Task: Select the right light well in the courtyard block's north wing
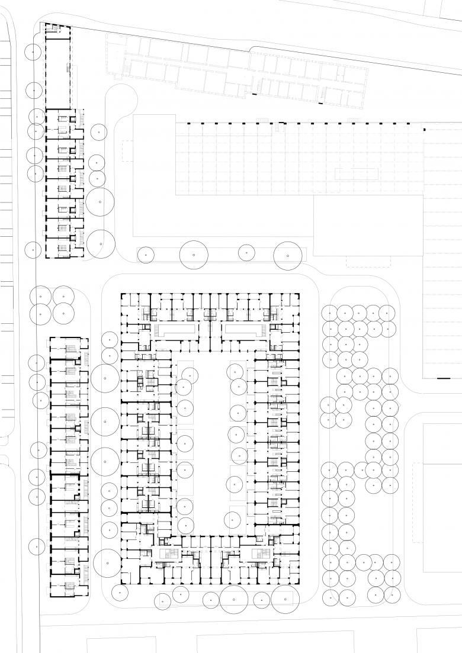[x=243, y=329]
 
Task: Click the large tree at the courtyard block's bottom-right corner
[x=285, y=599]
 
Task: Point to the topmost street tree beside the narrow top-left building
[x=34, y=52]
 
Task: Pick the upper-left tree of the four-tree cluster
[x=40, y=295]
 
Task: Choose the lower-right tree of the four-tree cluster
[x=63, y=313]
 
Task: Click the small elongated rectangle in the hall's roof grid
[x=357, y=174]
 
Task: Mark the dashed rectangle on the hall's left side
[x=127, y=152]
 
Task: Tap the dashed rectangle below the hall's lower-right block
[x=368, y=261]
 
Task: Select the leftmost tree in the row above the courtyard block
[x=145, y=255]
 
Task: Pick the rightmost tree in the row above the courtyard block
[x=287, y=255]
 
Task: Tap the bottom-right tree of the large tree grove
[x=390, y=593]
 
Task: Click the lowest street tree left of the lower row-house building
[x=37, y=546]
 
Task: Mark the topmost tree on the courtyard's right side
[x=235, y=371]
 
